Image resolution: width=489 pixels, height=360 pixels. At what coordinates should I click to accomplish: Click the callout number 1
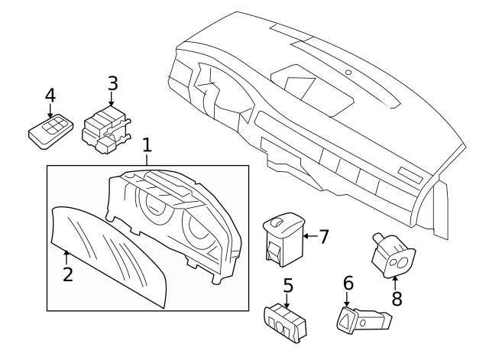point(147,144)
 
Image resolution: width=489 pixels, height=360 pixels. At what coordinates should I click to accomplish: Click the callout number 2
point(67,274)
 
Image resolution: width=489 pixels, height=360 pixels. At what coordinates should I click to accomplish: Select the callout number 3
point(112,83)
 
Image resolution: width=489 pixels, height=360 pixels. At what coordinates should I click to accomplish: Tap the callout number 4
point(50,96)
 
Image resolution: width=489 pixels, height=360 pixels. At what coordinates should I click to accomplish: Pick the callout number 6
point(348,283)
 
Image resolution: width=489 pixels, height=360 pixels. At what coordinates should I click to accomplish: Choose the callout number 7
point(323,237)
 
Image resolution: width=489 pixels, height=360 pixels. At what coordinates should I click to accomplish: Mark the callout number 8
point(397,297)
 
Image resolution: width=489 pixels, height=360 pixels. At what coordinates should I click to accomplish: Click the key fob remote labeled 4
point(49,132)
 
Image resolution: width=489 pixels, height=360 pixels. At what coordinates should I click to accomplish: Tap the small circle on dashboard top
point(348,73)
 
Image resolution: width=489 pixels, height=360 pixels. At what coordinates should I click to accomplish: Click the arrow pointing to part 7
point(309,237)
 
